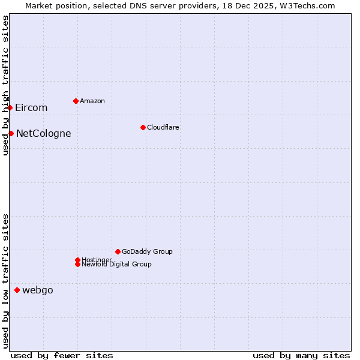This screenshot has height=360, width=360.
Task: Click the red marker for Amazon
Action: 76,101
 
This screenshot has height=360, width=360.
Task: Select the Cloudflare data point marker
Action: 143,127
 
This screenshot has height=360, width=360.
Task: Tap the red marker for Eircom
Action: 10,107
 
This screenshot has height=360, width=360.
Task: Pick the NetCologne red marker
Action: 11,133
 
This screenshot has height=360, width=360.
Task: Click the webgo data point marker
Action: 17,290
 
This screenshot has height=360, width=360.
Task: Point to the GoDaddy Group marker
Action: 118,251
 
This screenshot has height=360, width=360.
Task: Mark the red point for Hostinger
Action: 77,260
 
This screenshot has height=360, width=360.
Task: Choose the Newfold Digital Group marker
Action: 77,264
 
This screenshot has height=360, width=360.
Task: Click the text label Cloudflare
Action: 163,127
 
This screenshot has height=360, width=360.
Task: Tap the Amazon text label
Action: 92,101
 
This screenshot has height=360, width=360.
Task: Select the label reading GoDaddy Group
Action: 147,251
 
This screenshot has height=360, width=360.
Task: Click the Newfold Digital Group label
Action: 117,265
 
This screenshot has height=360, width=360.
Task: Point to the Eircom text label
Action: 31,108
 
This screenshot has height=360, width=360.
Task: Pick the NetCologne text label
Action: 44,134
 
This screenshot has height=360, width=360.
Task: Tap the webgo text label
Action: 38,290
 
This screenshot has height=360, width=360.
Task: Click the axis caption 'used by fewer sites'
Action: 62,355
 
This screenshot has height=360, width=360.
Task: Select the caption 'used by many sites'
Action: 301,355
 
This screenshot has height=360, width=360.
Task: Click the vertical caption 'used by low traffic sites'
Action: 5,281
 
